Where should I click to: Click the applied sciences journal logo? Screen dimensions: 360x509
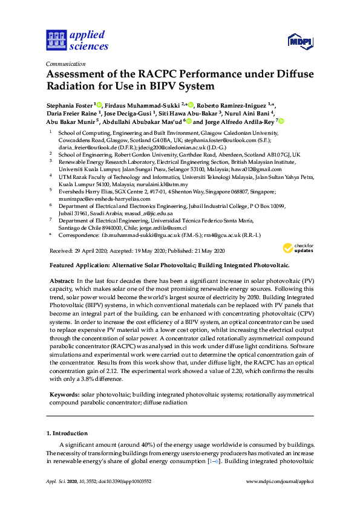(x=77, y=39)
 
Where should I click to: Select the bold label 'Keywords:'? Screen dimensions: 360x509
(x=64, y=394)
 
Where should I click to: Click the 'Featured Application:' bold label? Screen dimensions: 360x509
(x=76, y=265)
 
